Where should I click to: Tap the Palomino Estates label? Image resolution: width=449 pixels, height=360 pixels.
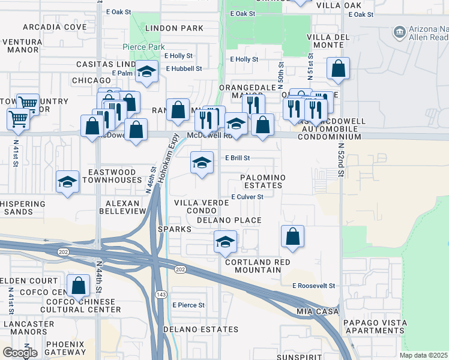(x=261, y=182)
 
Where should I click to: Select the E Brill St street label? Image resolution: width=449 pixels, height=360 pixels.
(x=237, y=158)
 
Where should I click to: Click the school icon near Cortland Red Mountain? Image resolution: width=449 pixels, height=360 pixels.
(x=226, y=242)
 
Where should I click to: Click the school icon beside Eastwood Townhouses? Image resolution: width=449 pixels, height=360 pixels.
(x=67, y=181)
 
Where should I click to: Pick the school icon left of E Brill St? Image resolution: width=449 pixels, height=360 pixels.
(x=202, y=162)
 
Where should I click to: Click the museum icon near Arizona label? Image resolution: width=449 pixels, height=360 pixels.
(x=399, y=32)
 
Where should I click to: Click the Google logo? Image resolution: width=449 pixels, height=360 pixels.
(x=20, y=352)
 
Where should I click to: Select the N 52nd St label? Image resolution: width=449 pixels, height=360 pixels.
(x=340, y=158)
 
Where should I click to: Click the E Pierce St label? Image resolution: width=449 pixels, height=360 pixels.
(x=188, y=305)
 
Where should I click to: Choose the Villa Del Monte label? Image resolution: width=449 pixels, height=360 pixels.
(x=328, y=41)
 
